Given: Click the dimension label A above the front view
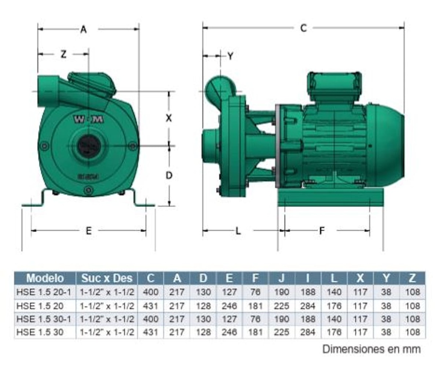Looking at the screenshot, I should (x=83, y=29).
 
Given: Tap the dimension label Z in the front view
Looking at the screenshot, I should (x=64, y=54).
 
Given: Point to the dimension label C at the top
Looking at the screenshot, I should (x=303, y=28).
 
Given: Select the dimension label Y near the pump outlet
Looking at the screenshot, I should (x=230, y=56).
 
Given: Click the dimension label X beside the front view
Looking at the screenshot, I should (x=169, y=118).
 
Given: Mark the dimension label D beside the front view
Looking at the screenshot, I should (x=169, y=175).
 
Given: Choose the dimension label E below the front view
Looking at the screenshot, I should (x=89, y=231).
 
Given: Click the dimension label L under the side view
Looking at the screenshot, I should (x=238, y=231).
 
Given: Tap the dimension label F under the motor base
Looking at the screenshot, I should (x=322, y=231).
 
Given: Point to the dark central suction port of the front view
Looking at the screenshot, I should (x=89, y=146).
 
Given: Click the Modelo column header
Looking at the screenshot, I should (x=45, y=278).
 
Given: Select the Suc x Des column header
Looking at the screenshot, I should (x=107, y=278).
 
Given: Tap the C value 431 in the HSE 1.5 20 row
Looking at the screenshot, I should (x=150, y=306).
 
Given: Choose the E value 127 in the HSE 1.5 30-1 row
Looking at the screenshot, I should (x=229, y=319).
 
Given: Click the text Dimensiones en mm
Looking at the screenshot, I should (x=371, y=348).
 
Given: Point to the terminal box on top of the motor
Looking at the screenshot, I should (x=334, y=85).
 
